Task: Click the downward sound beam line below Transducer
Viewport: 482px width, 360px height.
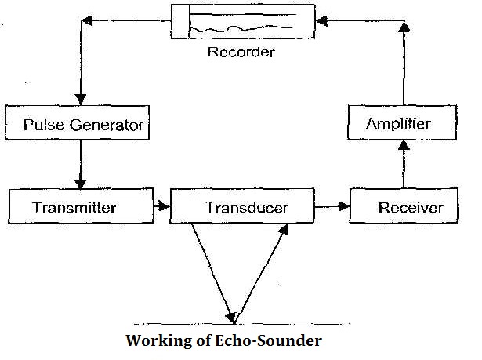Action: (210, 267)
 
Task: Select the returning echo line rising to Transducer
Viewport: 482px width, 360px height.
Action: (259, 267)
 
